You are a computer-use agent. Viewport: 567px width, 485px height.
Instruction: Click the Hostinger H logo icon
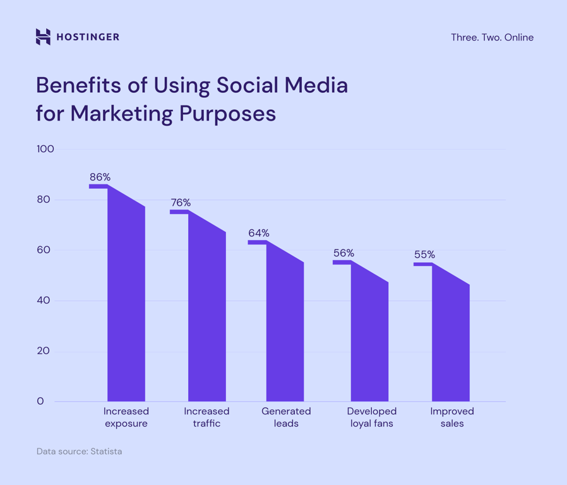pyautogui.click(x=43, y=37)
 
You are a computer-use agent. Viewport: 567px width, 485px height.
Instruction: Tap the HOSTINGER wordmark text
pyautogui.click(x=88, y=37)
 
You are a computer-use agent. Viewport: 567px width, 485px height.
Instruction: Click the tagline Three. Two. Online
pyautogui.click(x=492, y=37)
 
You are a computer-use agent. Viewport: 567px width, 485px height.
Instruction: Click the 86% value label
pyautogui.click(x=100, y=177)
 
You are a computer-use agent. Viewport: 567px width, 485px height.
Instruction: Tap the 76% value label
pyautogui.click(x=181, y=203)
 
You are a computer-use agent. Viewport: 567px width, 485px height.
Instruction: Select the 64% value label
pyautogui.click(x=259, y=233)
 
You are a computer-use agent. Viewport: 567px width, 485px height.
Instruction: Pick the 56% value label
pyautogui.click(x=343, y=253)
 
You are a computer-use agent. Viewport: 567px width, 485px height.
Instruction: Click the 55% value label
pyautogui.click(x=424, y=254)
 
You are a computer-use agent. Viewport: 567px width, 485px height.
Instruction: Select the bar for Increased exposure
pyautogui.click(x=126, y=303)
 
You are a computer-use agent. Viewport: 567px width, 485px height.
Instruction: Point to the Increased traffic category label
pyautogui.click(x=206, y=417)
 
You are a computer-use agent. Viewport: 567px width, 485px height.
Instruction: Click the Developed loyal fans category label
pyautogui.click(x=372, y=417)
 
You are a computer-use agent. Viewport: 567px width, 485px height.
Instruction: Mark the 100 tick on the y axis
pyautogui.click(x=45, y=149)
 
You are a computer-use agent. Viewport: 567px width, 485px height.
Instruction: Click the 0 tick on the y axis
pyautogui.click(x=40, y=402)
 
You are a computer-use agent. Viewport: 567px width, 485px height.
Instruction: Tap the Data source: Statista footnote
pyautogui.click(x=79, y=452)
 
